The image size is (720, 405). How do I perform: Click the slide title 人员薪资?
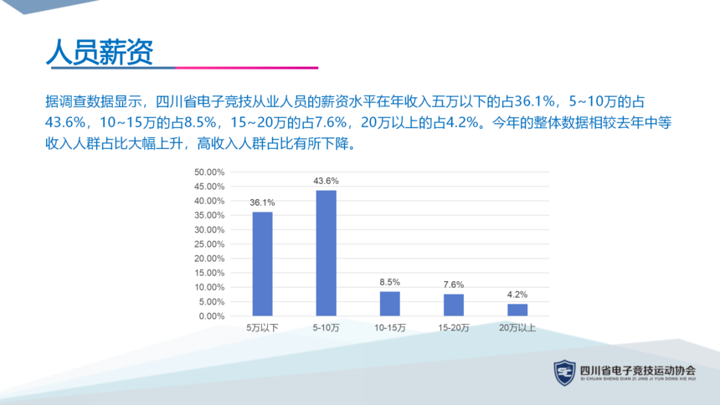[x=100, y=52]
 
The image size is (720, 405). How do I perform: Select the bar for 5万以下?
[x=262, y=264]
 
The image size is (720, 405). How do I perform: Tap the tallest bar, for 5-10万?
[x=326, y=253]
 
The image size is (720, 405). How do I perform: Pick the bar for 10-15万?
[x=390, y=304]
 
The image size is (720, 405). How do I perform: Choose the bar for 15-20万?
[x=454, y=305]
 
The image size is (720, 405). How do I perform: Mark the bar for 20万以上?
[x=517, y=310]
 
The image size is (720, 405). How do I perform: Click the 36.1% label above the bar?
[x=262, y=202]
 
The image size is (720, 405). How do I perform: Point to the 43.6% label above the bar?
[x=326, y=181]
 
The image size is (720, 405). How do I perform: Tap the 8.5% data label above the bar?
[x=390, y=282]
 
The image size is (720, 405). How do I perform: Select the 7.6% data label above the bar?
[x=454, y=285]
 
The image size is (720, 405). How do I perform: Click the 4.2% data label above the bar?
[x=517, y=295]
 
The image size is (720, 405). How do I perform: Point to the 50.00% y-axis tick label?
[x=209, y=172]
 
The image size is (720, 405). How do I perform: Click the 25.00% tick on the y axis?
[x=209, y=244]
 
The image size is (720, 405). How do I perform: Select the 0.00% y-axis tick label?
[x=212, y=316]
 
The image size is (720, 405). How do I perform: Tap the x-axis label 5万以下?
[x=262, y=328]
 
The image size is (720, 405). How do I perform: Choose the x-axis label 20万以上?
[x=517, y=328]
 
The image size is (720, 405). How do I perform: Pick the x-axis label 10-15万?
[x=390, y=328]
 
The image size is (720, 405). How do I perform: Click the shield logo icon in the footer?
[x=565, y=372]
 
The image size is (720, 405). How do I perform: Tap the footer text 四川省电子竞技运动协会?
[x=638, y=370]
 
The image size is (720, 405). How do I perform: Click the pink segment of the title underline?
[x=247, y=68]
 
